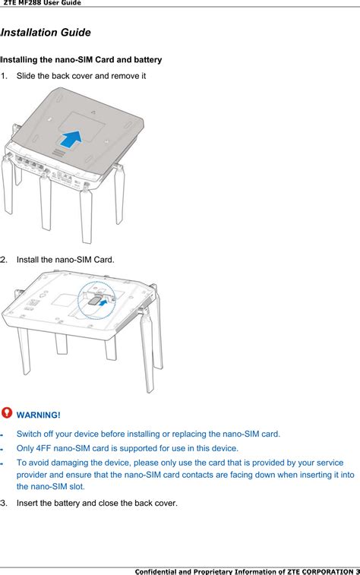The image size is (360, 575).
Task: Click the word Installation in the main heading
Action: coord(29,33)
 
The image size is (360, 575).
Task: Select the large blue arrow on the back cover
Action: coord(71,138)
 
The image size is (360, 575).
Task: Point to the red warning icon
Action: coord(7,412)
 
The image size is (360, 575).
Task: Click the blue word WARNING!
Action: coord(38,415)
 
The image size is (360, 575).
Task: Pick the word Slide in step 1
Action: coord(27,77)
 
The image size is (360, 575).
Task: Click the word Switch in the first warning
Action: coord(30,434)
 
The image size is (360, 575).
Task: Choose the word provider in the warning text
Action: coord(33,474)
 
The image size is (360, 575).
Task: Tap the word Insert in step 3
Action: coord(29,503)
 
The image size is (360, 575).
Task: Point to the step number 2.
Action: coord(4,260)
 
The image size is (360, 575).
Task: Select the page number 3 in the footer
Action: coord(357,570)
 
